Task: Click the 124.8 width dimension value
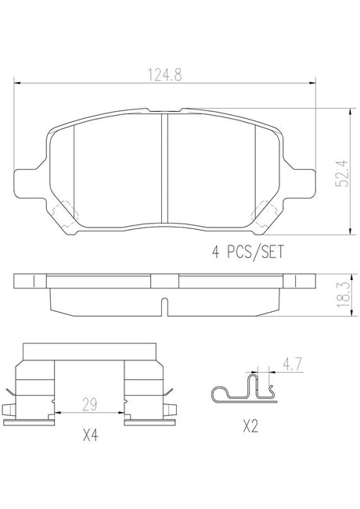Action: (164, 74)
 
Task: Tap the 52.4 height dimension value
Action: (342, 174)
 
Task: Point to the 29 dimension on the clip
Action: (89, 404)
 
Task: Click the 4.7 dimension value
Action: (293, 364)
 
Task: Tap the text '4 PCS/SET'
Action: (247, 252)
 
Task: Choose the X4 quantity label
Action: (90, 435)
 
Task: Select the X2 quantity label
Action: (250, 426)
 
